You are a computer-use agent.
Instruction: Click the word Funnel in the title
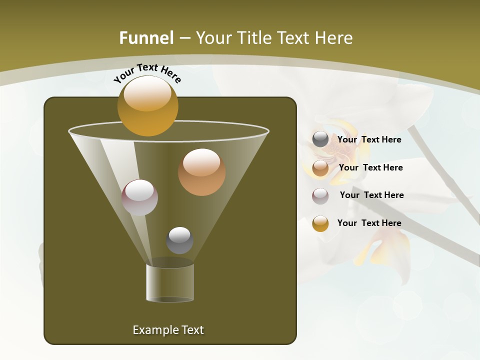pyautogui.click(x=146, y=38)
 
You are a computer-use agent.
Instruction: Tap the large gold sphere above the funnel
pyautogui.click(x=147, y=105)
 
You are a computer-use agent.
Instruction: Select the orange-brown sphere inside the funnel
pyautogui.click(x=201, y=172)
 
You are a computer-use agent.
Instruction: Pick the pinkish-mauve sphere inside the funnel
pyautogui.click(x=139, y=197)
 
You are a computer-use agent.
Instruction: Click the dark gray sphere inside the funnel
pyautogui.click(x=179, y=240)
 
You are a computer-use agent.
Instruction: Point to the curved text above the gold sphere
pyautogui.click(x=147, y=73)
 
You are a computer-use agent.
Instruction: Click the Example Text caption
pyautogui.click(x=168, y=330)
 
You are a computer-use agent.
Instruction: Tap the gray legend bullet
pyautogui.click(x=320, y=139)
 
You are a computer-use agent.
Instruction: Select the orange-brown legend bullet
pyautogui.click(x=320, y=168)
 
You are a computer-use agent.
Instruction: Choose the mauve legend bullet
pyautogui.click(x=320, y=195)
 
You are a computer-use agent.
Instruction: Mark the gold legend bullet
pyautogui.click(x=320, y=223)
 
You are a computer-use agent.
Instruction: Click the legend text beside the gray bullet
pyautogui.click(x=369, y=139)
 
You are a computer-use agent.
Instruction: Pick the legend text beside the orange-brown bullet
pyautogui.click(x=370, y=167)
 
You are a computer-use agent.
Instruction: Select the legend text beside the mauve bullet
pyautogui.click(x=371, y=195)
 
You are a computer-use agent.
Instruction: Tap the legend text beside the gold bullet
pyautogui.click(x=369, y=223)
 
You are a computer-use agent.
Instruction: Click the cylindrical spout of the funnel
pyautogui.click(x=170, y=282)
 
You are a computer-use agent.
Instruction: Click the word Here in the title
pyautogui.click(x=335, y=38)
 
